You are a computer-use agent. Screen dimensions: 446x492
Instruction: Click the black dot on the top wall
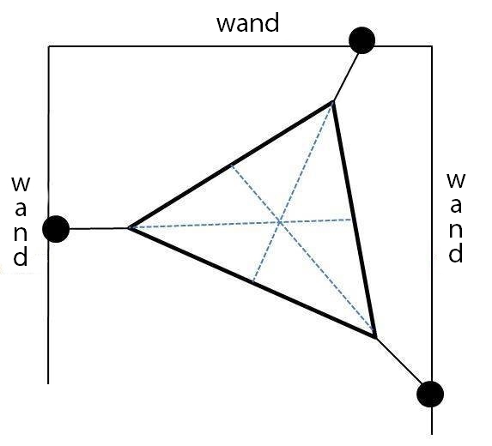click(362, 39)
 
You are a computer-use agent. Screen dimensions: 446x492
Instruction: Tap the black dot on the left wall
click(56, 229)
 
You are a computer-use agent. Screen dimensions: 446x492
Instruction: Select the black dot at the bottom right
click(429, 394)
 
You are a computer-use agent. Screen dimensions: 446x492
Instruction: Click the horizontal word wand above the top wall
click(247, 23)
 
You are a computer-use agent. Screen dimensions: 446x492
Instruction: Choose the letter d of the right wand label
click(457, 254)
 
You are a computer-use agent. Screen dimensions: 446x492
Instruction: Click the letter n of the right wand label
click(457, 230)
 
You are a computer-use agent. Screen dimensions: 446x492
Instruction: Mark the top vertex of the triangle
click(332, 102)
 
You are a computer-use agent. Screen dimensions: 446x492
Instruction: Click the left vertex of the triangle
click(128, 228)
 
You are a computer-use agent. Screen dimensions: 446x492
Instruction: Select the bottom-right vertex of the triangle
click(376, 339)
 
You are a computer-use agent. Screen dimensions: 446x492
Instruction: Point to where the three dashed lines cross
click(280, 223)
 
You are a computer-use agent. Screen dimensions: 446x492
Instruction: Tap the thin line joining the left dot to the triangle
click(96, 229)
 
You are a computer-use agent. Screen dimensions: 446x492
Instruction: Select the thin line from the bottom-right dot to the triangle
click(399, 364)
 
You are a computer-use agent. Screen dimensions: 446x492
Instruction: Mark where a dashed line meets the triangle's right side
click(354, 220)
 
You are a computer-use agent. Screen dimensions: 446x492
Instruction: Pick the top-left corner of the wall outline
click(49, 45)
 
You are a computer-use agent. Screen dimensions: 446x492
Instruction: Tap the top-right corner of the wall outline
click(430, 45)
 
